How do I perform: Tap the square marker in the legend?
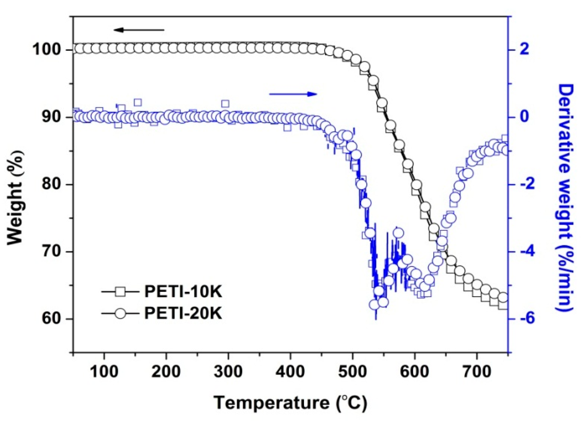click(120, 291)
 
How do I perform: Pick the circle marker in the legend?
click(120, 314)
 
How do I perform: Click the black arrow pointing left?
click(139, 30)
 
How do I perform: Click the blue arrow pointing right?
click(293, 94)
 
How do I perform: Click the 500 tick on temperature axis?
click(353, 372)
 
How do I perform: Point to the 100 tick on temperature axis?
click(104, 372)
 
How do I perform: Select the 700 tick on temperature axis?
click(477, 372)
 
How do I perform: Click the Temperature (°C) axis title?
click(290, 403)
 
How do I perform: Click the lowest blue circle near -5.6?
click(374, 305)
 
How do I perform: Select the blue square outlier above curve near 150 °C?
click(138, 102)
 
